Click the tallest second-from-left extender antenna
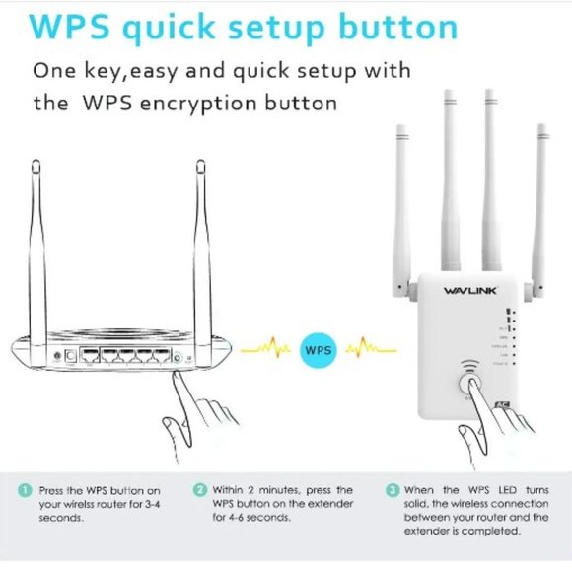tap(450, 178)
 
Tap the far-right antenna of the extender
tap(540, 207)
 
